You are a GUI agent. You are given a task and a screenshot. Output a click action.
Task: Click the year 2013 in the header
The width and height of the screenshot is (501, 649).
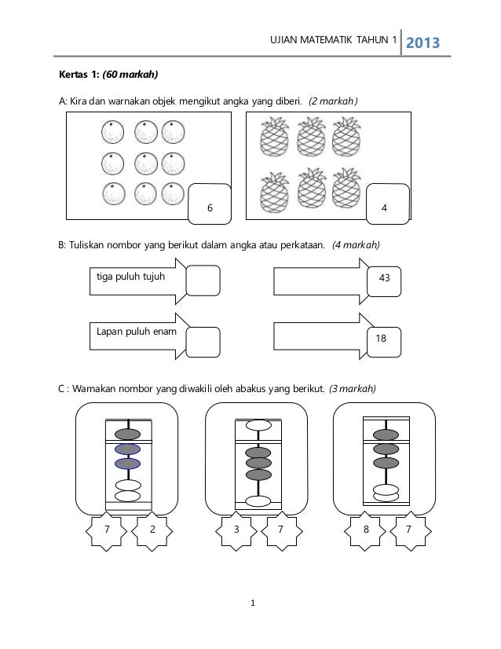[x=422, y=42]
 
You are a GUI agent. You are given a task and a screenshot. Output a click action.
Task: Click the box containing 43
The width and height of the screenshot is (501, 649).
[x=385, y=279]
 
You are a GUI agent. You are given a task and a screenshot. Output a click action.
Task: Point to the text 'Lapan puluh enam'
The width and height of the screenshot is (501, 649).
[x=135, y=332]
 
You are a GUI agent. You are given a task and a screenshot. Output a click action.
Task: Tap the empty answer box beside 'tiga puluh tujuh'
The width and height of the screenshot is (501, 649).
[x=203, y=280]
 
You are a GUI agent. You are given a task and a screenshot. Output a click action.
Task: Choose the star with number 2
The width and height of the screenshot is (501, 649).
[x=152, y=530]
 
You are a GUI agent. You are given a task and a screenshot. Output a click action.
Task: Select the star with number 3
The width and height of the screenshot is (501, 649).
[x=236, y=530]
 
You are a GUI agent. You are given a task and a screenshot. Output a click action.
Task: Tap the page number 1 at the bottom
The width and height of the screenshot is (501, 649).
[x=251, y=604]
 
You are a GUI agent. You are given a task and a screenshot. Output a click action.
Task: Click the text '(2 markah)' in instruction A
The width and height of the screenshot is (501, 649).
[x=333, y=101]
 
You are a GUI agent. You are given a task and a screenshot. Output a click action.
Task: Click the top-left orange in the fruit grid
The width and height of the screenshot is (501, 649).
[x=112, y=132]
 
